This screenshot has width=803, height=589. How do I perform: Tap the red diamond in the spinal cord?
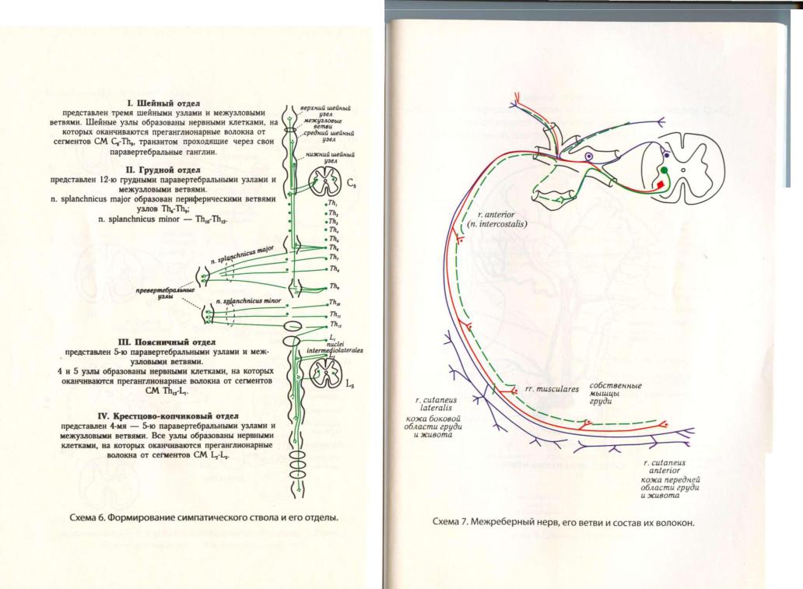661,184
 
